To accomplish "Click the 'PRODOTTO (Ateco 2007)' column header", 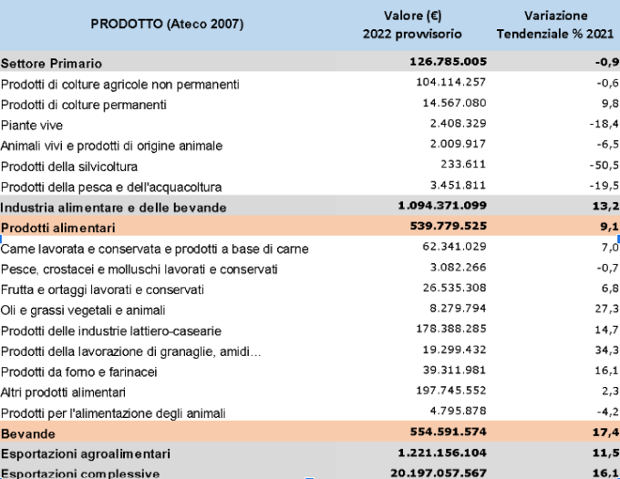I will click(167, 25).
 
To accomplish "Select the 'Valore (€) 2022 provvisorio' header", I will click(411, 25).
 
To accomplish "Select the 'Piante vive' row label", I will click(32, 125).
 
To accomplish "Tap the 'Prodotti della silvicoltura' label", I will click(69, 166).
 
